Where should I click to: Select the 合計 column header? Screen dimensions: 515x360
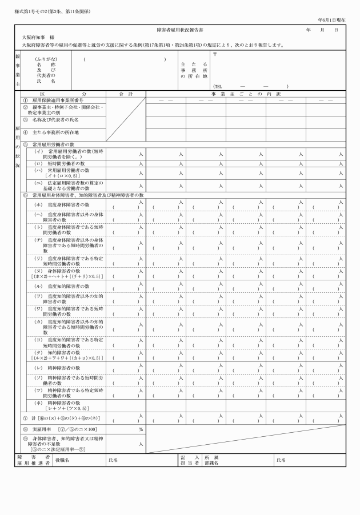125,93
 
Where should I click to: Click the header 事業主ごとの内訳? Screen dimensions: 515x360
246,93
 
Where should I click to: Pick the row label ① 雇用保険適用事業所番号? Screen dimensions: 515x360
59,99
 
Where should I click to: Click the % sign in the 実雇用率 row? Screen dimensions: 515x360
140,429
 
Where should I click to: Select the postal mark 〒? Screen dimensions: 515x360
214,54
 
